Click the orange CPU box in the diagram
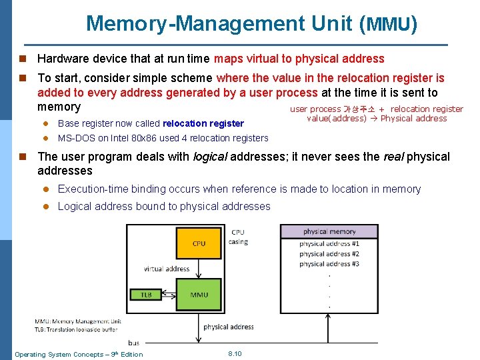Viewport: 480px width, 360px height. [x=199, y=244]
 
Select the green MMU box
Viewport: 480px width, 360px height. [x=199, y=295]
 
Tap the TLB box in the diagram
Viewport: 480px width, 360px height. [x=146, y=295]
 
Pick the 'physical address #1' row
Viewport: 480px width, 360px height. [x=329, y=244]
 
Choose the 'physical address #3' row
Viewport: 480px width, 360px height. [x=329, y=264]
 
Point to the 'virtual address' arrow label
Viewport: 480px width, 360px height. [x=167, y=269]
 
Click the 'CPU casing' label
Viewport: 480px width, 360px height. [x=238, y=237]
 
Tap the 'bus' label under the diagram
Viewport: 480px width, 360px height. [x=133, y=343]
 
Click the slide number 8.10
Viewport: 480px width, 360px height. [x=235, y=353]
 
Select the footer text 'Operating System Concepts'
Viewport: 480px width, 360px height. [x=57, y=354]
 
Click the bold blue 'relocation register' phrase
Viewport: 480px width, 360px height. [x=203, y=123]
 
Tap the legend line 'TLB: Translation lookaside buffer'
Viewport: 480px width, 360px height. [x=76, y=329]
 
